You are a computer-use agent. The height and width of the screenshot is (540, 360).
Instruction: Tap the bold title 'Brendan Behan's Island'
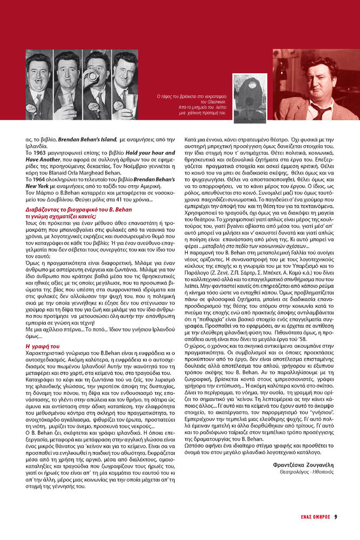[x=90, y=140]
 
